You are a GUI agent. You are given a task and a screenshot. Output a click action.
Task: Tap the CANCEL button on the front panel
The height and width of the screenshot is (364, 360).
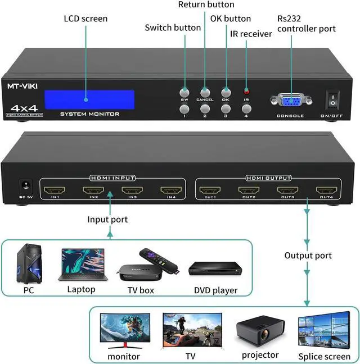pyautogui.click(x=205, y=93)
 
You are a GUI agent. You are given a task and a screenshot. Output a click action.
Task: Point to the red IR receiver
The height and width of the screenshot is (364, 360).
pyautogui.click(x=246, y=91)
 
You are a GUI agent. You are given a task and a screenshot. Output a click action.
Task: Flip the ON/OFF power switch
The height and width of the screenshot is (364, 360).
pyautogui.click(x=333, y=100)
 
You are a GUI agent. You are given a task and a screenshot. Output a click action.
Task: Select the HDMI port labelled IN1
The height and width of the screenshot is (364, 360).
pyautogui.click(x=54, y=190)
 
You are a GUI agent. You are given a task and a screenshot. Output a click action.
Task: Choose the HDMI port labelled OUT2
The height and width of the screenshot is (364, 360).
pyautogui.click(x=248, y=190)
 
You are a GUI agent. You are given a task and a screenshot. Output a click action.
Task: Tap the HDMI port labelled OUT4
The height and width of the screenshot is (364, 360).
pyautogui.click(x=326, y=190)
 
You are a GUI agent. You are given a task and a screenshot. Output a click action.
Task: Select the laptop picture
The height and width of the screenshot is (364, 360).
pyautogui.click(x=81, y=265)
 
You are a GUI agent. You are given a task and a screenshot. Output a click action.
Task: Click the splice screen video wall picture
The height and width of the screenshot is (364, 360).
pyautogui.click(x=325, y=331)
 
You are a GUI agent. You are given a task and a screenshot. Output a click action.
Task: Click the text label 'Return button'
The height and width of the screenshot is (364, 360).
pyautogui.click(x=206, y=5)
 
